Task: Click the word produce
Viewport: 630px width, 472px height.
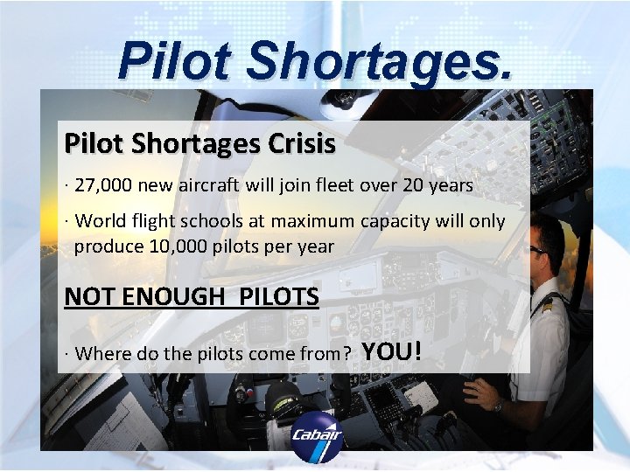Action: coord(108,246)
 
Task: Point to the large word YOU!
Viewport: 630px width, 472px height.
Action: coord(392,351)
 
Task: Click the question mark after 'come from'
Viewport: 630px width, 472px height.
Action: coord(347,354)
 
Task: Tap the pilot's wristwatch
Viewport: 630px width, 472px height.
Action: coord(498,405)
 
